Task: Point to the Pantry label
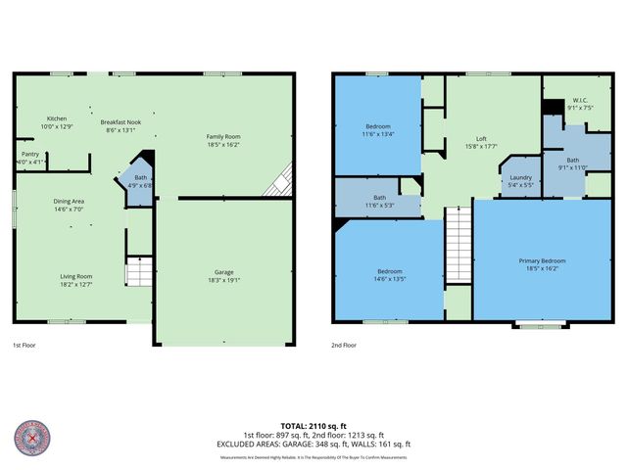(30, 158)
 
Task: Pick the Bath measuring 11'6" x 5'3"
(378, 201)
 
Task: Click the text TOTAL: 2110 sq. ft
(313, 426)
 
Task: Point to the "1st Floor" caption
(24, 346)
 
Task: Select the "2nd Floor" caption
(343, 346)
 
